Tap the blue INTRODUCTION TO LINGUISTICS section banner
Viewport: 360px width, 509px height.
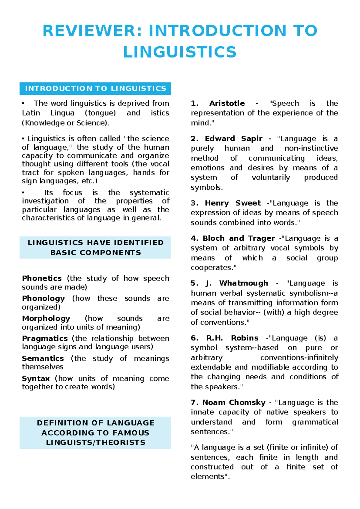click(95, 89)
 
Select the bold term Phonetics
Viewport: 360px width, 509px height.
click(42, 278)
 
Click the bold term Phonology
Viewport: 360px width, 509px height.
click(43, 298)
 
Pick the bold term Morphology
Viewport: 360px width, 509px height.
click(46, 318)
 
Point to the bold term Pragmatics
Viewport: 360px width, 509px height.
click(45, 339)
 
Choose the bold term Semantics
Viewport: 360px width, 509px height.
click(43, 358)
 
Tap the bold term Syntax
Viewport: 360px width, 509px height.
click(36, 378)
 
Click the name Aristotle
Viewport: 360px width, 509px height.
click(227, 103)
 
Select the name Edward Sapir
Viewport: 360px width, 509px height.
click(233, 139)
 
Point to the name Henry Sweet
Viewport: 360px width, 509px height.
click(233, 203)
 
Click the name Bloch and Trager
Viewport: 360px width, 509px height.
click(239, 238)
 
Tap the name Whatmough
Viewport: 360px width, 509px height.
click(244, 283)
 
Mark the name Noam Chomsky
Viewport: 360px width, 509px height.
click(234, 402)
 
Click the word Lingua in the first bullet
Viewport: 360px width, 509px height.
click(62, 113)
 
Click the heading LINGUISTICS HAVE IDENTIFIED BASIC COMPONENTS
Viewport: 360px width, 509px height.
click(95, 248)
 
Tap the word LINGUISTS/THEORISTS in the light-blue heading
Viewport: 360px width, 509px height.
click(95, 442)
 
